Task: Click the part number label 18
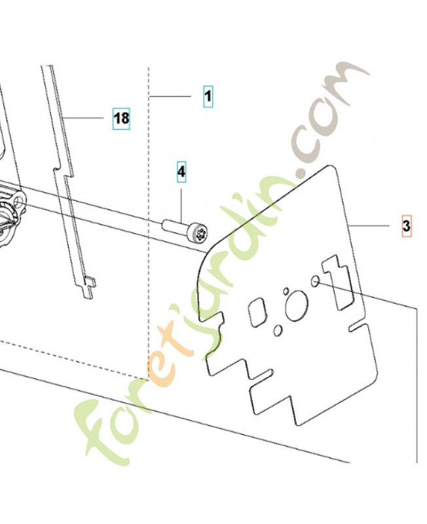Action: (121, 119)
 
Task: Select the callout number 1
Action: (207, 97)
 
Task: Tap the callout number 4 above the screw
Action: (181, 172)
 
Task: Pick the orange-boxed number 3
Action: (406, 227)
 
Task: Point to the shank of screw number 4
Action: (174, 227)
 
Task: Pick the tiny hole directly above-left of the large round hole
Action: (286, 291)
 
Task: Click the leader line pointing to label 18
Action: (85, 118)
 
